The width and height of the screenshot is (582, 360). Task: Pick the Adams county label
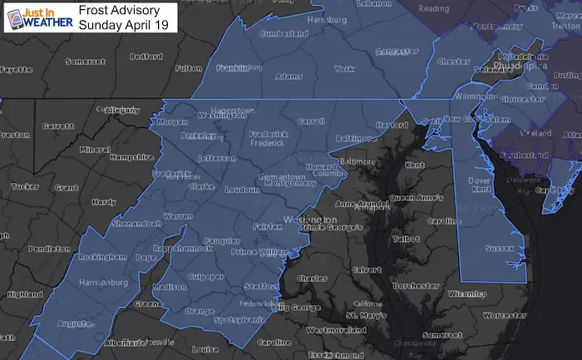(288, 76)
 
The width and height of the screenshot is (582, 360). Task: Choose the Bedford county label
(146, 57)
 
